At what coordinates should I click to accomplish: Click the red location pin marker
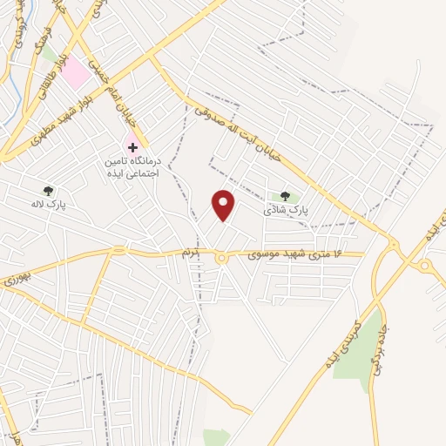tap(224, 205)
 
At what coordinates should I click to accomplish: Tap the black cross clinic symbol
tap(132, 148)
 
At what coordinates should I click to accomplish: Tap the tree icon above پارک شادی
tap(285, 196)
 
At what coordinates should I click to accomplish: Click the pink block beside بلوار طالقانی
tap(78, 72)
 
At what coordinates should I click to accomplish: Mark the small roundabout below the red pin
tap(221, 258)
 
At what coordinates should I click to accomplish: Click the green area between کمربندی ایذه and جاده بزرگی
tap(362, 348)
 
